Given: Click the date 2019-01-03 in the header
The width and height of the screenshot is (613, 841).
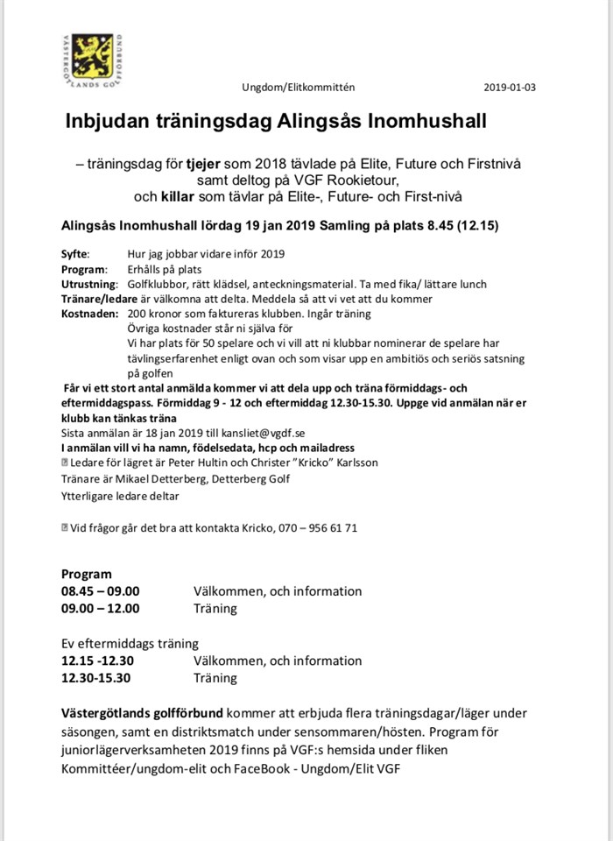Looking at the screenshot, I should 509,88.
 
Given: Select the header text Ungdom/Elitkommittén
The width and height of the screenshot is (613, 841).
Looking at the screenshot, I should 299,88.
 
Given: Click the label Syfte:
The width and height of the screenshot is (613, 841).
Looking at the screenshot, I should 75,254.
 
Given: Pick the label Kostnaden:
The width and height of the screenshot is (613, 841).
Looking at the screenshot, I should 89,313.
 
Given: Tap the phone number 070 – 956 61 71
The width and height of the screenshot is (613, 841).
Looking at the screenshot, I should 317,528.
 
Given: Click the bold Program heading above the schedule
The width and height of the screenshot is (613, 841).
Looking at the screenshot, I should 87,575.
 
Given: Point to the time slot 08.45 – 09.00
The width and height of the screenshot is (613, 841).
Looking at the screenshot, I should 101,591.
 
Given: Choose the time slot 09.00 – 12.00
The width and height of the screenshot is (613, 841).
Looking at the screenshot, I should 101,608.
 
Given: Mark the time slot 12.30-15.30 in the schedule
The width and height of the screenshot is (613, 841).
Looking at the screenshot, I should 96,677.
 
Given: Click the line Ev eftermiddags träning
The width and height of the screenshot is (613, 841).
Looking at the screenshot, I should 130,643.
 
